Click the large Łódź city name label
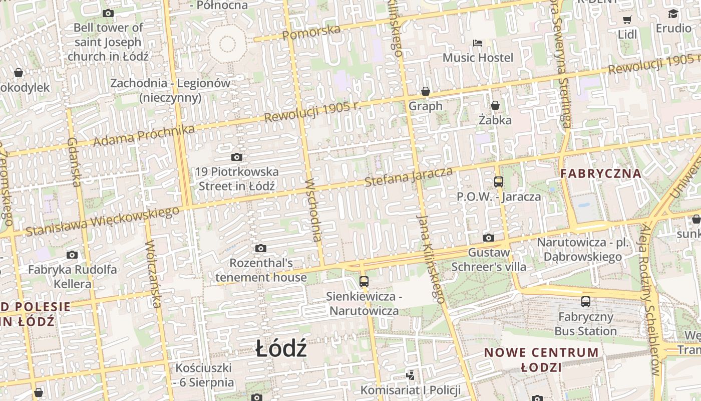click(281, 348)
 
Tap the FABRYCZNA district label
click(600, 174)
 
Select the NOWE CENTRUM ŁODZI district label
click(541, 359)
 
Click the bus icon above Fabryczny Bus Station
click(586, 302)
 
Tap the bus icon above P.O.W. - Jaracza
click(498, 181)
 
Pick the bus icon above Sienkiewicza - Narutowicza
click(364, 282)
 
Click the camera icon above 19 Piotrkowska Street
click(237, 157)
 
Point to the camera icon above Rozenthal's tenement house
click(260, 249)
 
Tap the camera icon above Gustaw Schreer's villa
click(489, 238)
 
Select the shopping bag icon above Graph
click(426, 91)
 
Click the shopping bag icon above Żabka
click(495, 105)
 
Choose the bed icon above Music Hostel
click(478, 43)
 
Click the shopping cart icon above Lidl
click(627, 20)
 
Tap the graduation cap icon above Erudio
click(673, 14)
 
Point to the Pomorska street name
click(311, 32)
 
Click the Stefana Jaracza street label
click(409, 177)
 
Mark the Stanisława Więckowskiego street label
click(102, 221)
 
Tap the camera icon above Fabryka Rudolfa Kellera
click(72, 255)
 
